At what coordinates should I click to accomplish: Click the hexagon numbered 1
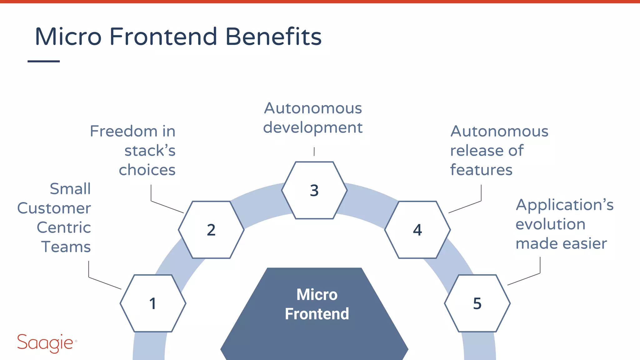(153, 303)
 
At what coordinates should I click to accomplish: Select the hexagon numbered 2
(211, 230)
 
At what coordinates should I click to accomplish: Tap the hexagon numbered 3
(314, 190)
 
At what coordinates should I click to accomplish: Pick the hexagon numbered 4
(417, 230)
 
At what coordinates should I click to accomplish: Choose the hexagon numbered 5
(477, 303)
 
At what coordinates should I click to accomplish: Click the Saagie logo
(46, 343)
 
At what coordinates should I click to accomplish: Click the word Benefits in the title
(273, 37)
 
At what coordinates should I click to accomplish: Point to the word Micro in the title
(68, 37)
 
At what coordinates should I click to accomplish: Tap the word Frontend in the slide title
(163, 37)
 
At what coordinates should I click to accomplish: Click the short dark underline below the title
(44, 61)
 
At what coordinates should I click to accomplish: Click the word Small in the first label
(70, 189)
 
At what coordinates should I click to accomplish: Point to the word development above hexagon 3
(313, 128)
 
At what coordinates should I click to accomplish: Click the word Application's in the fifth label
(564, 205)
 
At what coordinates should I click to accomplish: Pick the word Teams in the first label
(66, 247)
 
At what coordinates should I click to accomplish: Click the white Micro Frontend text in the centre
(317, 304)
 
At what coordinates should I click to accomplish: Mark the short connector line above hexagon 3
(314, 152)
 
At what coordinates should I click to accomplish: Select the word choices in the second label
(147, 170)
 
